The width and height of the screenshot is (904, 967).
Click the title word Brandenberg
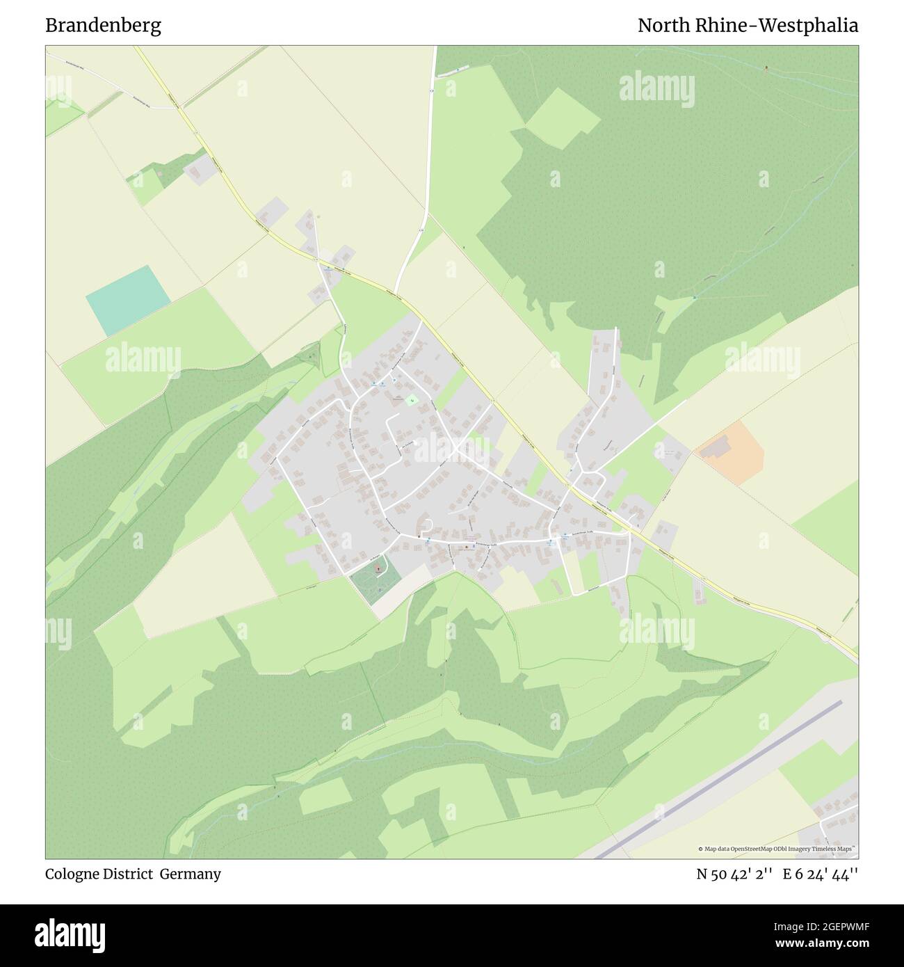coord(103,26)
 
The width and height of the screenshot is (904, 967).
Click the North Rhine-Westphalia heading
coord(748,26)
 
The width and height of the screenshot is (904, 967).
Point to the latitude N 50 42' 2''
coord(735,874)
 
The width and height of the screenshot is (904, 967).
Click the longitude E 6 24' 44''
coord(821,874)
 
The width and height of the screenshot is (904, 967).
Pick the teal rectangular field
coord(128,301)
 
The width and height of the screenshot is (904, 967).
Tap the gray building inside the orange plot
coord(713,449)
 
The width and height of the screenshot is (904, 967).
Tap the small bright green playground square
coord(411,400)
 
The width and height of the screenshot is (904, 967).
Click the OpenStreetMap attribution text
coord(777,849)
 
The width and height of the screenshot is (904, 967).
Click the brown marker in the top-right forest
coord(767,68)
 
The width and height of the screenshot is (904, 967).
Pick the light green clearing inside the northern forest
coord(562,118)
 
